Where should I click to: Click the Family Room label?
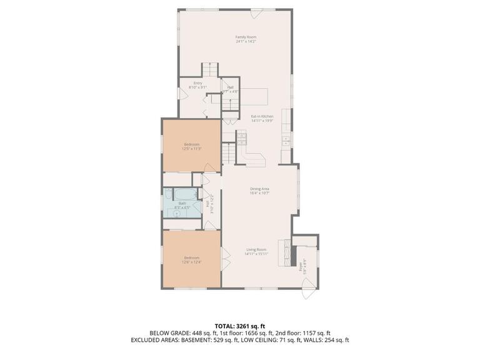pyautogui.click(x=246, y=39)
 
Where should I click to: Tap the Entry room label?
pyautogui.click(x=197, y=85)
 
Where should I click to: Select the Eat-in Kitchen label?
pyautogui.click(x=262, y=118)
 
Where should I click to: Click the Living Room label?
pyautogui.click(x=256, y=252)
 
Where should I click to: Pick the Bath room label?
pyautogui.click(x=182, y=204)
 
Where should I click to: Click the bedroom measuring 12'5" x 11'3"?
pyautogui.click(x=191, y=146)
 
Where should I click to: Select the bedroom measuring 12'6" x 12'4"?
pyautogui.click(x=191, y=259)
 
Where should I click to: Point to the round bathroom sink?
pyautogui.click(x=177, y=213)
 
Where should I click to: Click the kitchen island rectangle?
pyautogui.click(x=254, y=97)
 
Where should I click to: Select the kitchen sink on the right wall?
pyautogui.click(x=285, y=139)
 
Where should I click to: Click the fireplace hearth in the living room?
pyautogui.click(x=287, y=252)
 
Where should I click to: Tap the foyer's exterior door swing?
pyautogui.click(x=307, y=286)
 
